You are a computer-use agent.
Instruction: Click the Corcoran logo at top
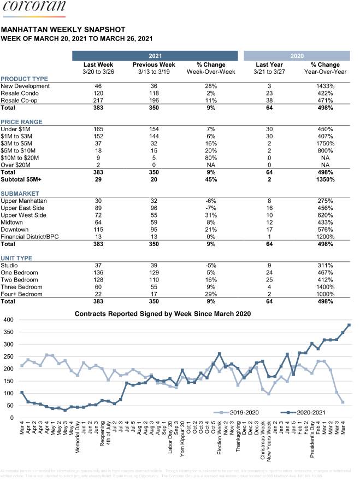coord(33,8)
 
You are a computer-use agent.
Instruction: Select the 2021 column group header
coord(155,56)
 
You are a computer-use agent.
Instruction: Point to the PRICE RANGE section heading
coord(21,122)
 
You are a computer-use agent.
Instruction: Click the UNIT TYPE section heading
coord(16,258)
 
